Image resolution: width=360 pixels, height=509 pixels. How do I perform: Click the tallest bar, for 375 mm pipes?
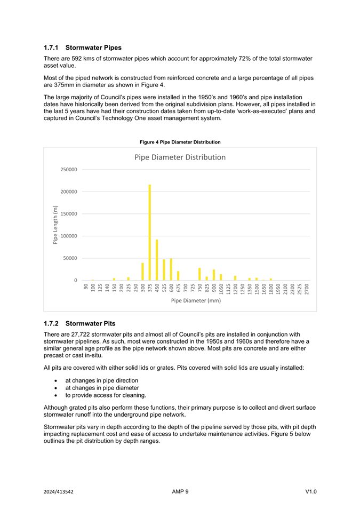[150, 233]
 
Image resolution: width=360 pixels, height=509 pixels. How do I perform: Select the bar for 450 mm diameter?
[157, 260]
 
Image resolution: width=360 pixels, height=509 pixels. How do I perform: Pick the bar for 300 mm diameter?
[142, 272]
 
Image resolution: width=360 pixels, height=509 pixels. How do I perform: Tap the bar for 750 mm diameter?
[199, 274]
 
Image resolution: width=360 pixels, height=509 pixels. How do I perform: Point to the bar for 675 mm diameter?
[178, 276]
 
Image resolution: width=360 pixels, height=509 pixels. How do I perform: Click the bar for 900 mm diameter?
[214, 275]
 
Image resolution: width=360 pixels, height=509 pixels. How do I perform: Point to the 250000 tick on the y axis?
[68, 170]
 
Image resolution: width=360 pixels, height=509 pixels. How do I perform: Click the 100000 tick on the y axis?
[68, 236]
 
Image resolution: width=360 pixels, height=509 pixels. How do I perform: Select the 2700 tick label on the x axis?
[307, 289]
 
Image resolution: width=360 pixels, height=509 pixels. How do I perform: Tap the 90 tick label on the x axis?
[86, 287]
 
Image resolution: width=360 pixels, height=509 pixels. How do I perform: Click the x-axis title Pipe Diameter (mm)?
[196, 300]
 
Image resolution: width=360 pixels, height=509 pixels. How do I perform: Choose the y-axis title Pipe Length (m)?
[55, 225]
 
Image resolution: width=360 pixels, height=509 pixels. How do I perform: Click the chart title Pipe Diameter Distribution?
[180, 157]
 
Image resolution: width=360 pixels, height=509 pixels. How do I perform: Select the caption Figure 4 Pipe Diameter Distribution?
[180, 142]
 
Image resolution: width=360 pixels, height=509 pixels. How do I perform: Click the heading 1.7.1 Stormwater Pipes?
[82, 47]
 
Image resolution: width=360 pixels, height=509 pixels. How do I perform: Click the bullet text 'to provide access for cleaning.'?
[106, 395]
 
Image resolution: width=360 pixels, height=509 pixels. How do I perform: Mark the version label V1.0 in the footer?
[311, 492]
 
